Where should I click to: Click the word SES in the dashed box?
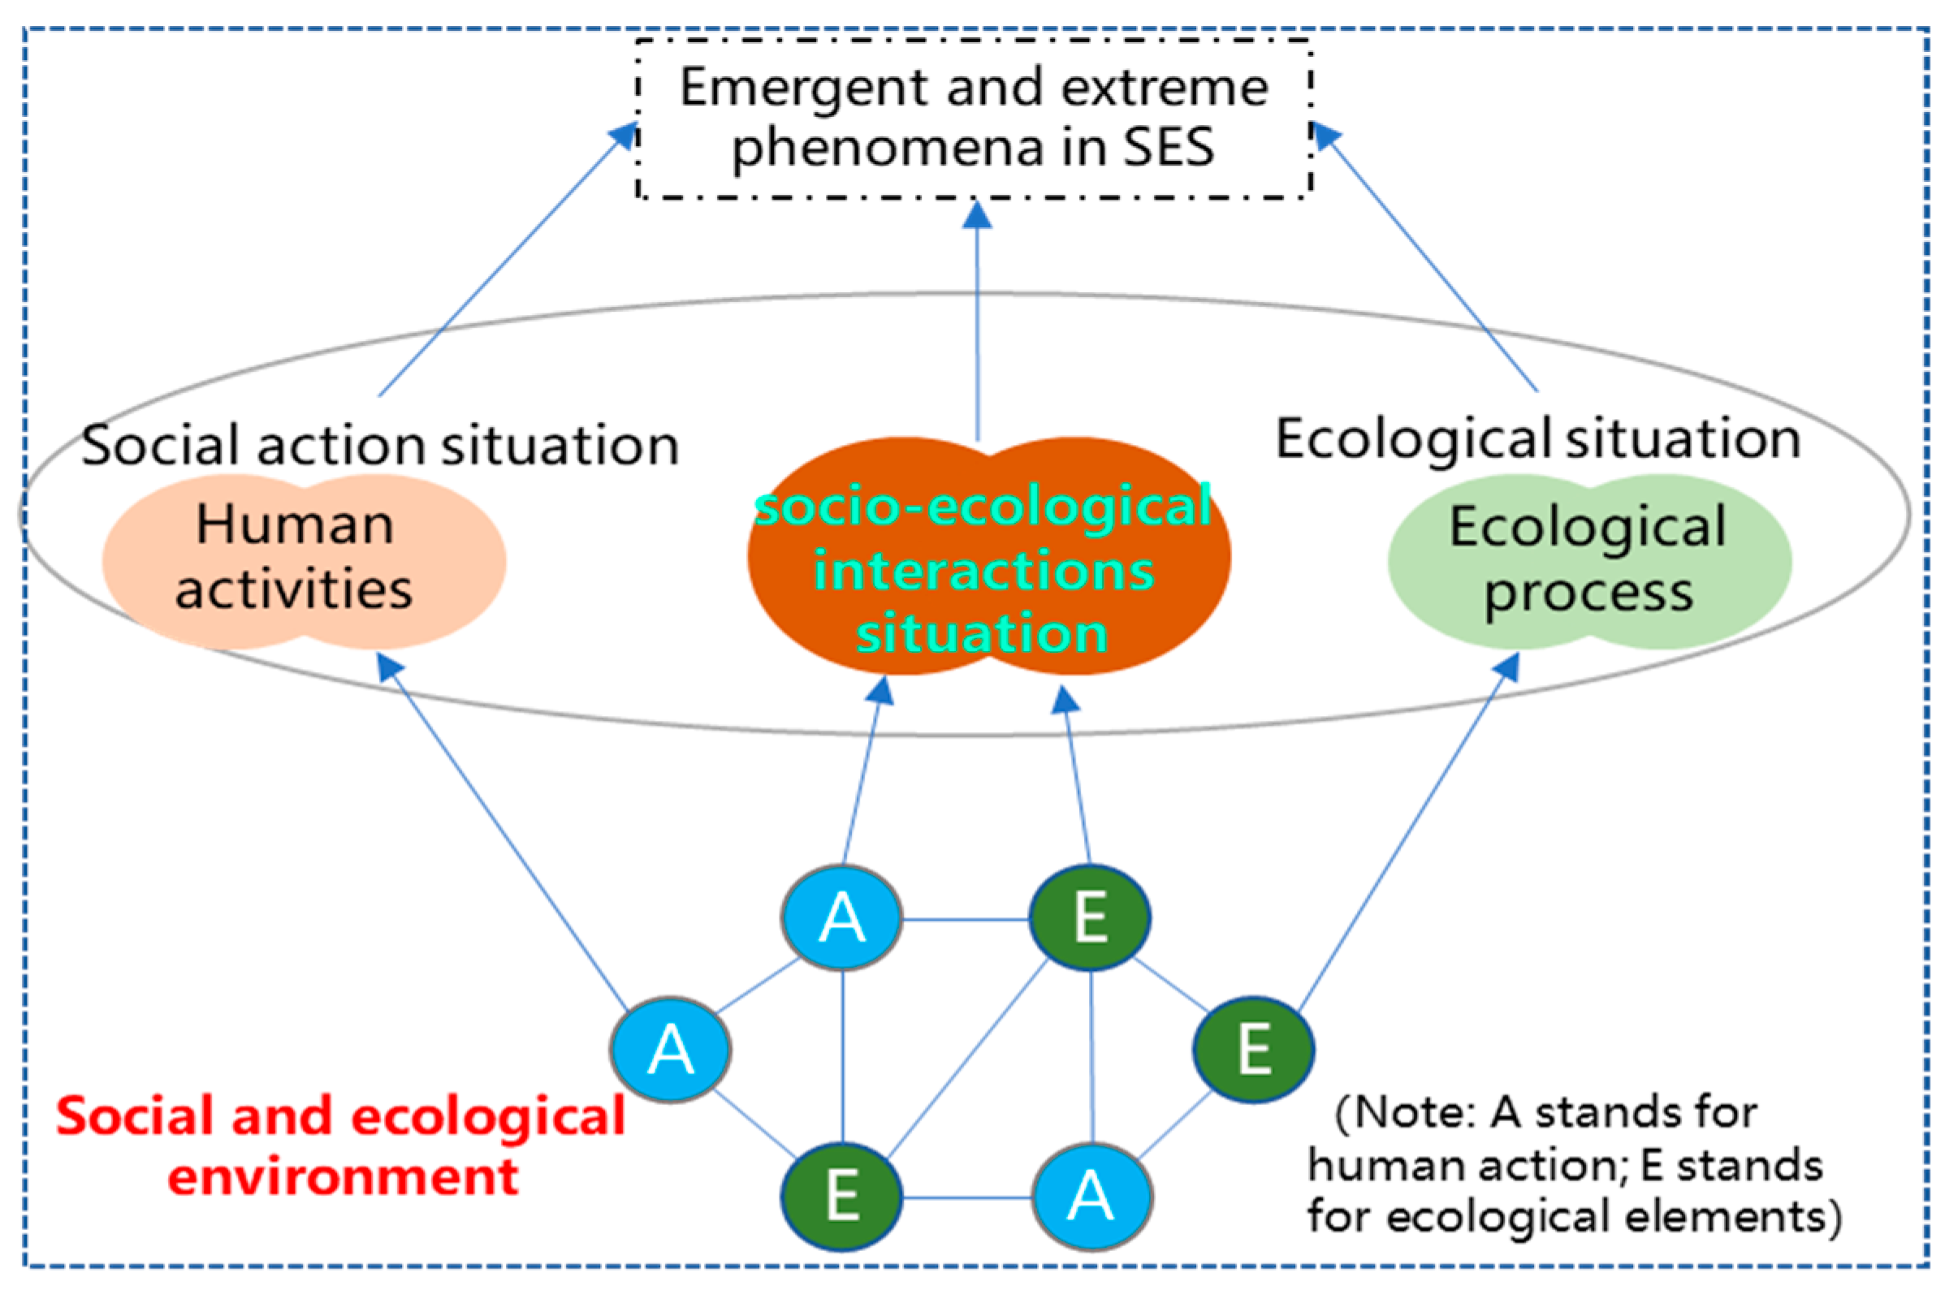[1169, 148]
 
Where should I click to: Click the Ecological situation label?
[1537, 439]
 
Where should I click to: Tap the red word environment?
[343, 1177]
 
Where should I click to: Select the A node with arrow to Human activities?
[670, 1050]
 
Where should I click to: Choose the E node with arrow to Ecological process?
[1253, 1050]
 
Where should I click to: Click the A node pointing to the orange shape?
[841, 917]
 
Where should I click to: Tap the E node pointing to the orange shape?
[1090, 917]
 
